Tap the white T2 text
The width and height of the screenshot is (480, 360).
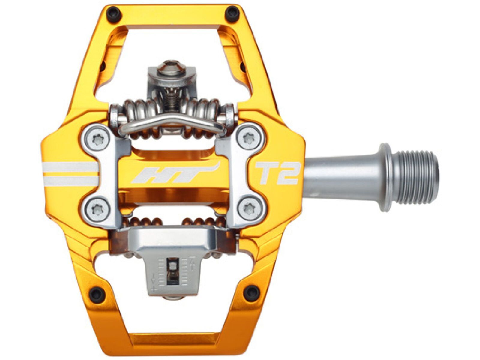tap(277, 173)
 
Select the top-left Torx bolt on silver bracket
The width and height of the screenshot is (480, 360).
tap(97, 139)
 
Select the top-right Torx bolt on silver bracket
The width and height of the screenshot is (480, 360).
tap(249, 139)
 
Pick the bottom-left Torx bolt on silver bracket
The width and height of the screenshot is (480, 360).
tap(97, 208)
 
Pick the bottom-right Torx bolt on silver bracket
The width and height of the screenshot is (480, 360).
tap(249, 208)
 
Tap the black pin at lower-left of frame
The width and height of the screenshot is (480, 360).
tap(96, 291)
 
